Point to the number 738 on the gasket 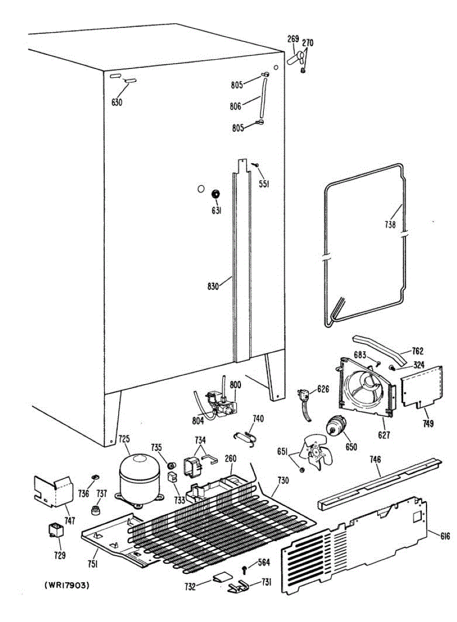(390, 225)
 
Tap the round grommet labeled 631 (215, 194)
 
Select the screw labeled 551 (255, 164)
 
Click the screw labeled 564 (244, 570)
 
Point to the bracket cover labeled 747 (53, 491)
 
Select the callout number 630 (117, 102)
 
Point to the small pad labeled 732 (221, 578)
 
